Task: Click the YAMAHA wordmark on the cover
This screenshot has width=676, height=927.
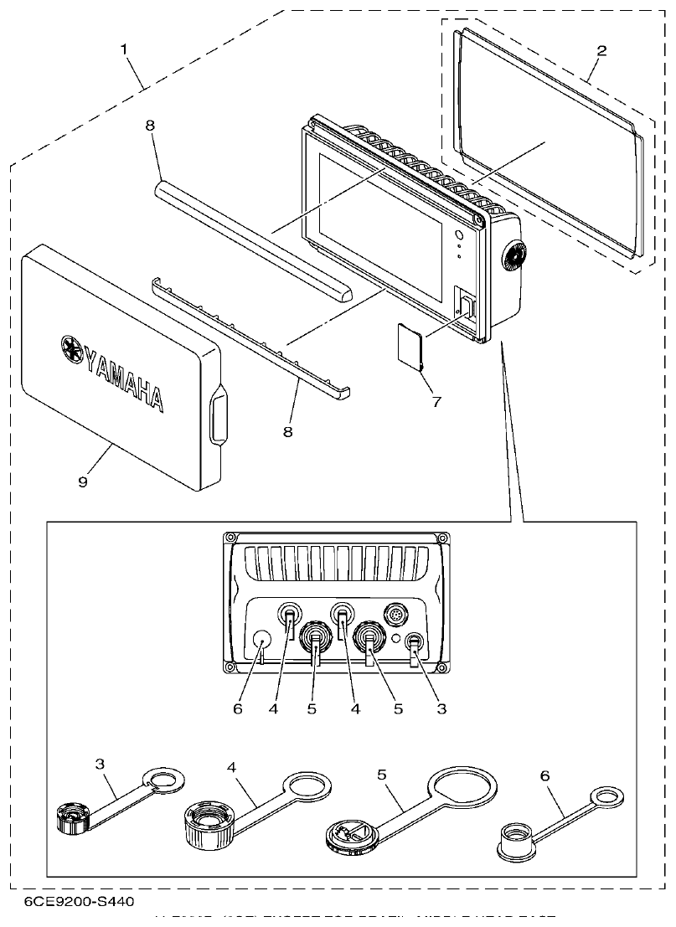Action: click(123, 373)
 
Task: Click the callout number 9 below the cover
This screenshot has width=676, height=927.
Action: click(82, 482)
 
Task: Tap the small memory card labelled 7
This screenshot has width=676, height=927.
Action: click(410, 345)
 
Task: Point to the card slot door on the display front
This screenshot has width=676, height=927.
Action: click(467, 306)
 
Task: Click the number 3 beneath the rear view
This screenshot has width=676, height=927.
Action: click(440, 708)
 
